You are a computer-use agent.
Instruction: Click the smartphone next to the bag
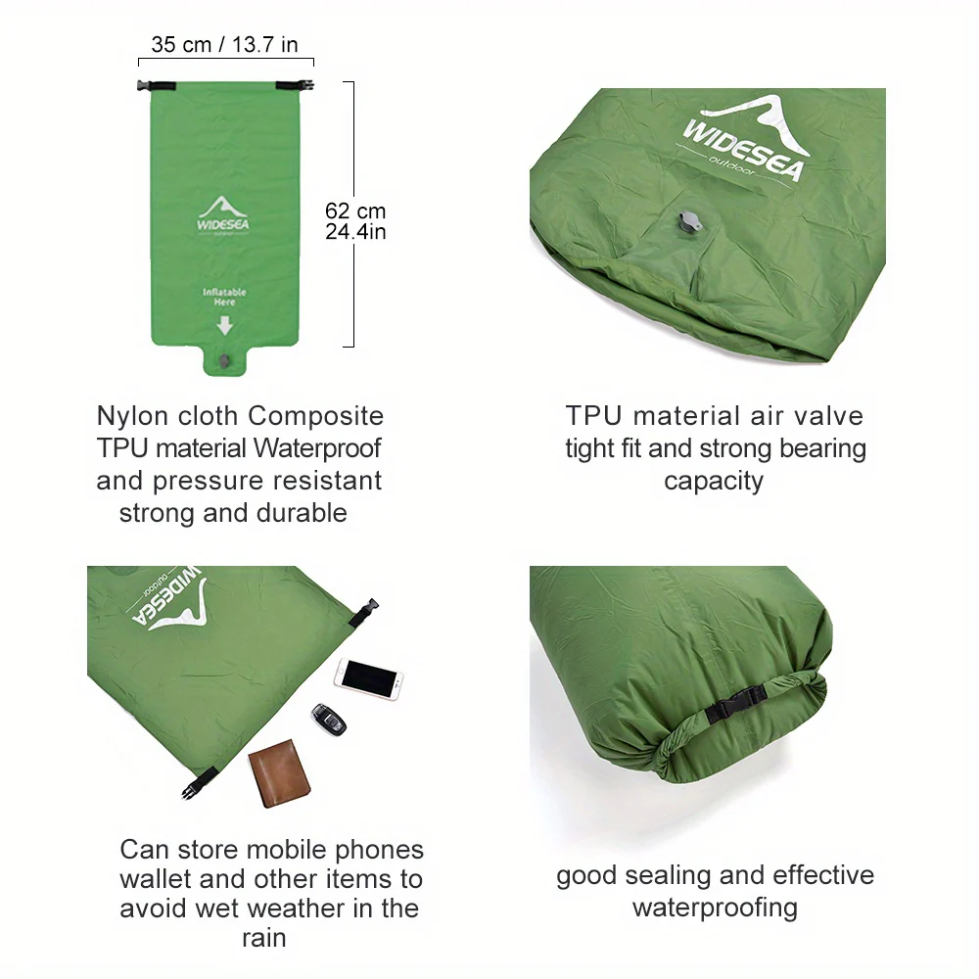pyautogui.click(x=368, y=678)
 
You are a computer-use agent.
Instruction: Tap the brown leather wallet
pyautogui.click(x=279, y=773)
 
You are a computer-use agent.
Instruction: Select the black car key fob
pyautogui.click(x=328, y=720)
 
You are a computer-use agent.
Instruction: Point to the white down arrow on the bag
pyautogui.click(x=225, y=325)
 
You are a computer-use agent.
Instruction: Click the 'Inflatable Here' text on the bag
pyautogui.click(x=224, y=297)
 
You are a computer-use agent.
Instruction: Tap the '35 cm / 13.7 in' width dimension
pyautogui.click(x=225, y=44)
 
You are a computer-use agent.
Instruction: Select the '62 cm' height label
pyautogui.click(x=355, y=210)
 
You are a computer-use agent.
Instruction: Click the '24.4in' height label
pyautogui.click(x=355, y=232)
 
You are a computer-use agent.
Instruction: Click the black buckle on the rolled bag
pyautogui.click(x=737, y=703)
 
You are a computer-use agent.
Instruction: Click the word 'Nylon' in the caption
pyautogui.click(x=132, y=416)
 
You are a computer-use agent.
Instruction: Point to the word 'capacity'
pyautogui.click(x=714, y=482)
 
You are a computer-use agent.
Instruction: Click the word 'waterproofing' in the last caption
pyautogui.click(x=715, y=908)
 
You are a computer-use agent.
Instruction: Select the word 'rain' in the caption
pyautogui.click(x=264, y=938)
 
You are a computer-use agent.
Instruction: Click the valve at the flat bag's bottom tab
pyautogui.click(x=224, y=361)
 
